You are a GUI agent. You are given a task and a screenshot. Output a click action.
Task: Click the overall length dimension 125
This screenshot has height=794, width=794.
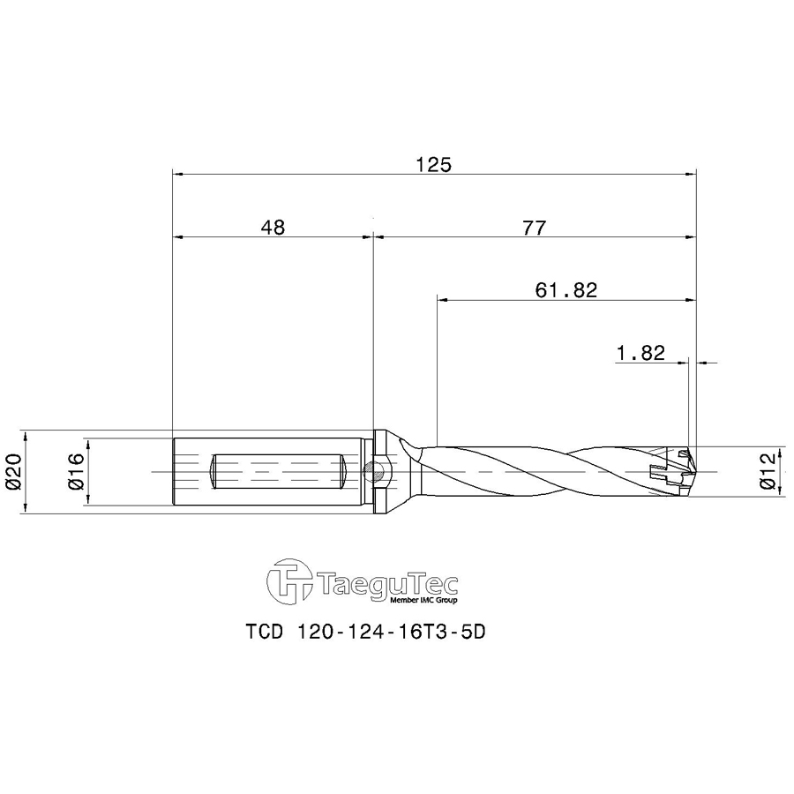(x=434, y=164)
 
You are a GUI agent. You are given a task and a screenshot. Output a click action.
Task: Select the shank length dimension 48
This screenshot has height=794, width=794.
(x=273, y=227)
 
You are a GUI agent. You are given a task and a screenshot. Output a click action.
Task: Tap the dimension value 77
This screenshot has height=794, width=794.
(x=534, y=227)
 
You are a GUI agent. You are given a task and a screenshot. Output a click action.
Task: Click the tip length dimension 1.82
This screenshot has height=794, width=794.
(x=640, y=353)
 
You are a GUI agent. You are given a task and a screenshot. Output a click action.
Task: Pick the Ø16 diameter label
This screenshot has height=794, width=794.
(x=74, y=472)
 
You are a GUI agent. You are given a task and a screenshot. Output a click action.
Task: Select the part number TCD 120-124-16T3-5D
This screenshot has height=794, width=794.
(x=365, y=633)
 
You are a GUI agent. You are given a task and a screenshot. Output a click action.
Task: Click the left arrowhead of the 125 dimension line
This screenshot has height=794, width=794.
(x=177, y=174)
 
